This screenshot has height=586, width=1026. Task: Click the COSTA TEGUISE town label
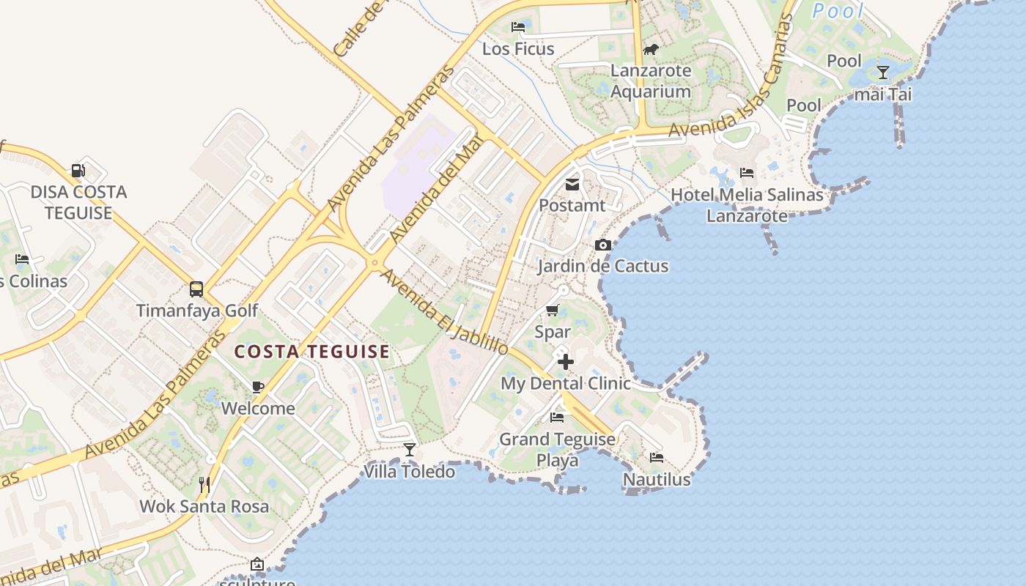311,352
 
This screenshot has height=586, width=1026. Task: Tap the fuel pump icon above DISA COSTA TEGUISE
78,171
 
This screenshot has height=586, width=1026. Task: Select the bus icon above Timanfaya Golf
196,289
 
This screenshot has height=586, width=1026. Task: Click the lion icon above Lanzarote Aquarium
651,50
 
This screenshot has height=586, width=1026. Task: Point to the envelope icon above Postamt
572,185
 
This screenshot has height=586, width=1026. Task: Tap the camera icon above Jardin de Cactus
603,245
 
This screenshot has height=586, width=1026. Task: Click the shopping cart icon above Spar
553,311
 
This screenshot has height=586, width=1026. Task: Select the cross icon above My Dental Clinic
565,362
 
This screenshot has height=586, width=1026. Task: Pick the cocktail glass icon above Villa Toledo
410,449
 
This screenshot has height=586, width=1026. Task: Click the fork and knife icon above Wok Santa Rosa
204,484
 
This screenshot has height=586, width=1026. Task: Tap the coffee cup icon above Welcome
258,387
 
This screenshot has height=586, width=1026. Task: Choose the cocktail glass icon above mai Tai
883,73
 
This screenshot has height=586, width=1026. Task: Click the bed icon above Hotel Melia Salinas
747,173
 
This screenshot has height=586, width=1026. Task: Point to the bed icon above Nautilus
657,458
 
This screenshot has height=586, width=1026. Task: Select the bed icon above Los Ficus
518,27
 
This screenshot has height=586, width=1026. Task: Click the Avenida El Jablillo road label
445,313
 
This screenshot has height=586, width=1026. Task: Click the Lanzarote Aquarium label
651,81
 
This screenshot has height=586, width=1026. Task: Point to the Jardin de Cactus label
603,266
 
